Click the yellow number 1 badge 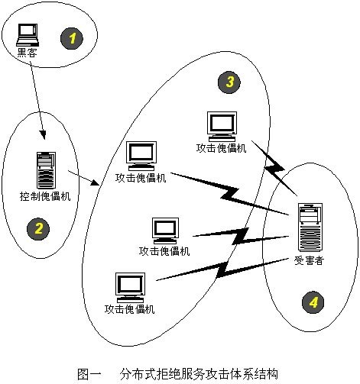click(73, 36)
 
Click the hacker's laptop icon click(29, 33)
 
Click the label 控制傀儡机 click(44, 196)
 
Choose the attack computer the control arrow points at click(140, 156)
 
